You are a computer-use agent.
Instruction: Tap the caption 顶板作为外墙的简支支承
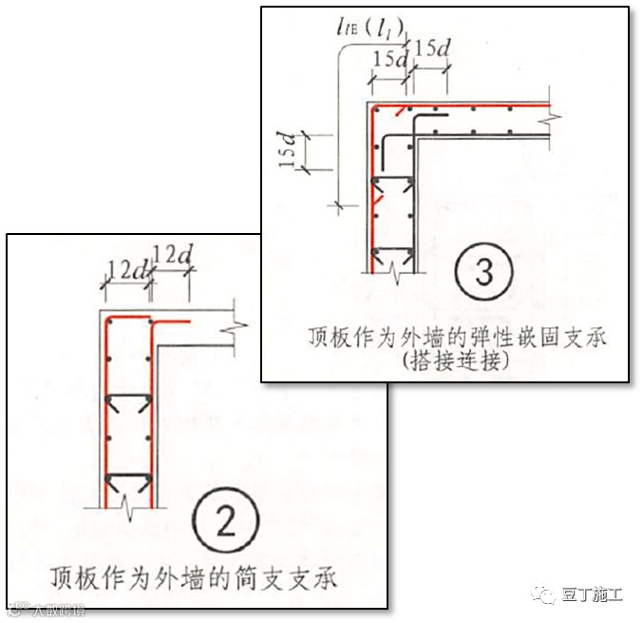pos(194,576)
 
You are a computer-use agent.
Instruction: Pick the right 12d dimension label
pos(172,256)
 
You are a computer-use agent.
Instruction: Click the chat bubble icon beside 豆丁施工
pos(546,595)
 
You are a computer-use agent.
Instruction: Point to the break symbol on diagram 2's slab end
pos(232,328)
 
